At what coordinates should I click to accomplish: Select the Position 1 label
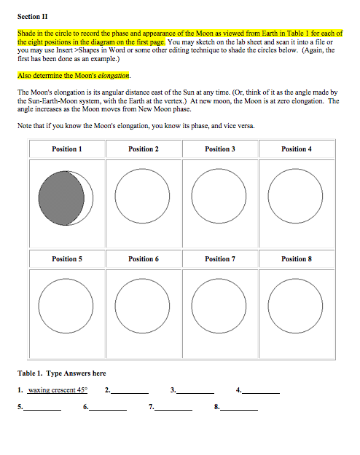[x=67, y=149]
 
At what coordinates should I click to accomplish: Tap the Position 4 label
[x=296, y=149]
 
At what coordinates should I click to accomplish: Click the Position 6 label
[x=144, y=258]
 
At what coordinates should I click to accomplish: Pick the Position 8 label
[x=296, y=258]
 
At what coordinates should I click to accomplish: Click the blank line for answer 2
[x=130, y=391]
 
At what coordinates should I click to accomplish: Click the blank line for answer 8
[x=239, y=408]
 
